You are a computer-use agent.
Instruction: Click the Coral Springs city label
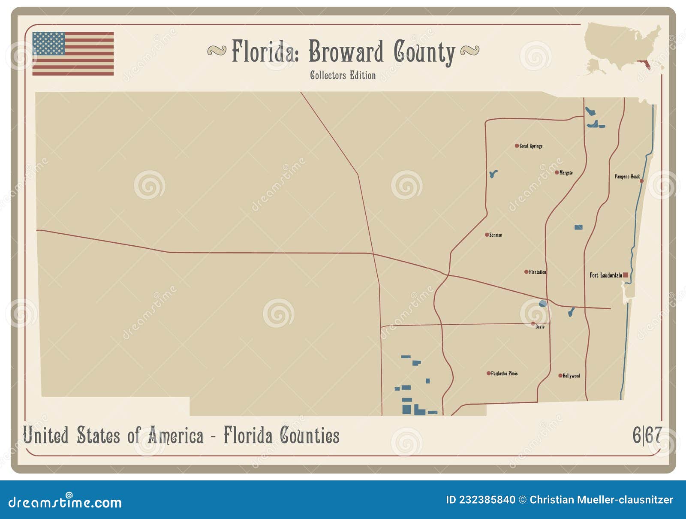tap(531, 146)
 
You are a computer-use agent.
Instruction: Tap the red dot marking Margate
tap(557, 172)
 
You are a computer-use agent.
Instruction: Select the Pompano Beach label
tap(627, 176)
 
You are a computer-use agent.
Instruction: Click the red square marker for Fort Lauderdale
tap(626, 275)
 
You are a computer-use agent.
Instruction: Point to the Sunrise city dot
tap(487, 235)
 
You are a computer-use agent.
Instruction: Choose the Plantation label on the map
tap(537, 272)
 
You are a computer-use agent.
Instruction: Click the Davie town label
tap(540, 327)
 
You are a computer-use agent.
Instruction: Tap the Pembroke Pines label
tap(504, 374)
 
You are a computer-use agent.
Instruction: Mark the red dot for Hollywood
tap(560, 376)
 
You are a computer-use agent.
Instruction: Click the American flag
tap(73, 54)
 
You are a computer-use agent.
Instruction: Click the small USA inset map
tap(624, 47)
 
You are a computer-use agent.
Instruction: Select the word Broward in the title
tap(346, 52)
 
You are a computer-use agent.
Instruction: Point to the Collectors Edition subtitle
tap(343, 75)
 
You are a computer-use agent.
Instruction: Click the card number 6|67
tap(647, 435)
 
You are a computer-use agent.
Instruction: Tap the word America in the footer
tap(175, 436)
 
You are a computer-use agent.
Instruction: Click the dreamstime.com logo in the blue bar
tap(65, 502)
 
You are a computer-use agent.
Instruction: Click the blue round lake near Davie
tap(543, 304)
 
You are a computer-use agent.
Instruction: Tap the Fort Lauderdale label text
tap(605, 275)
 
